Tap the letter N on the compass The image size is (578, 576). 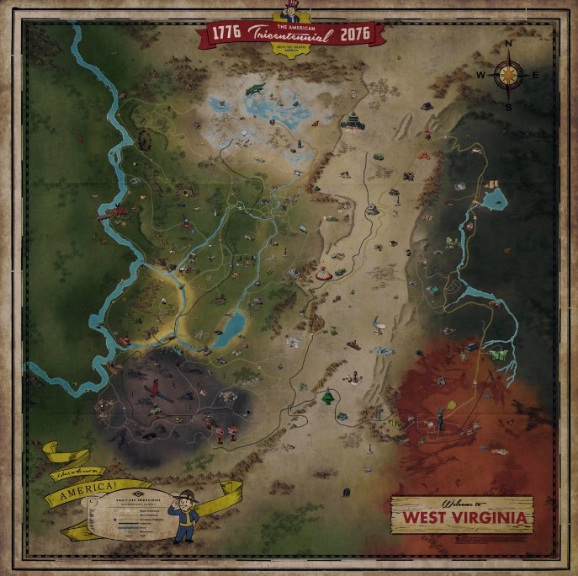coord(509,45)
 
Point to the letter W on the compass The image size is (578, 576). coord(481,75)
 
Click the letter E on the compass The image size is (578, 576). coord(537,75)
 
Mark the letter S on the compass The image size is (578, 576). coord(509,106)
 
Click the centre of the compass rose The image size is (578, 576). coord(509,75)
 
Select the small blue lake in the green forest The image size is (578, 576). coord(229,328)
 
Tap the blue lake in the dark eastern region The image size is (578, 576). coord(495,199)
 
